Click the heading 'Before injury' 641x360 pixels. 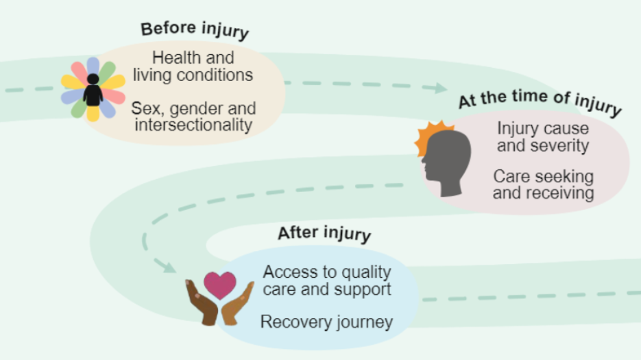click(x=195, y=30)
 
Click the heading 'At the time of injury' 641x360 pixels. click(x=540, y=103)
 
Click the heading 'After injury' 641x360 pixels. click(x=324, y=233)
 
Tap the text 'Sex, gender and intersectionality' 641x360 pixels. click(x=193, y=117)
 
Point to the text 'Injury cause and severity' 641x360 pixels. click(x=542, y=136)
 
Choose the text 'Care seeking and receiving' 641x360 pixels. click(x=543, y=184)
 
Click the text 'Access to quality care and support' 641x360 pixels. click(x=327, y=280)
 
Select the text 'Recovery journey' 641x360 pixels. click(x=326, y=322)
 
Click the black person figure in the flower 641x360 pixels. click(x=93, y=91)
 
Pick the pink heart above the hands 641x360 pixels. click(x=220, y=285)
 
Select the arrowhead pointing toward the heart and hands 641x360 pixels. click(x=167, y=265)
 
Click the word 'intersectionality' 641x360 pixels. click(x=193, y=125)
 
